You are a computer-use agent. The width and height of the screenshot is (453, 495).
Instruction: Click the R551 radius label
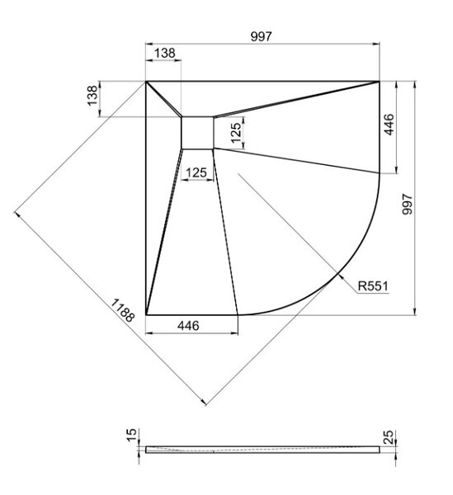[373, 286]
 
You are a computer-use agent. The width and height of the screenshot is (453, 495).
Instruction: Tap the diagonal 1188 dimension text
[123, 310]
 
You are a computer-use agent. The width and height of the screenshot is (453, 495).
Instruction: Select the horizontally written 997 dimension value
[261, 36]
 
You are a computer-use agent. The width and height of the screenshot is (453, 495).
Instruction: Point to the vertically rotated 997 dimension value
[407, 205]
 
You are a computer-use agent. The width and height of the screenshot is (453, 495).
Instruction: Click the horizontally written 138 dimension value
[164, 53]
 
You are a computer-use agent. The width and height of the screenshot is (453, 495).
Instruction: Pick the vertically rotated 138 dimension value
[92, 96]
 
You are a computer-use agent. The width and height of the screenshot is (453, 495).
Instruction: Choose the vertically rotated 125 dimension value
[235, 132]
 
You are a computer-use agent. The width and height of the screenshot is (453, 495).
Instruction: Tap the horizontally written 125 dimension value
[196, 172]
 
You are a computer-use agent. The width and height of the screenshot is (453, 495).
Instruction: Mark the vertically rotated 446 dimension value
[389, 125]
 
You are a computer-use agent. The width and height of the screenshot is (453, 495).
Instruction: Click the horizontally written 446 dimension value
[188, 326]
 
